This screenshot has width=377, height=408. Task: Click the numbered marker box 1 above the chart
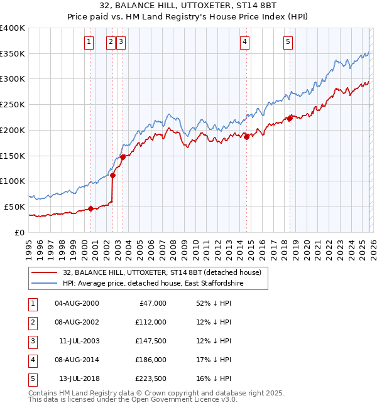(89, 42)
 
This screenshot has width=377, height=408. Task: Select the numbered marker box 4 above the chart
(244, 42)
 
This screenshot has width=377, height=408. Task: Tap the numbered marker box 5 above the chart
(288, 42)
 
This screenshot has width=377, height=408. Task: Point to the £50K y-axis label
(14, 207)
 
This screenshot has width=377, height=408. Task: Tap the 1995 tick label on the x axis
(28, 249)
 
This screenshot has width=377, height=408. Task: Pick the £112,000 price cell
(150, 322)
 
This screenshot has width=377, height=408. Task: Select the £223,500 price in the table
(150, 378)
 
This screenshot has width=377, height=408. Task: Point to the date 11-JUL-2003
(76, 341)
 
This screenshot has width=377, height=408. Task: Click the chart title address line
(188, 7)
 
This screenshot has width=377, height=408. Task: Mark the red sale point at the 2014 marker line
(246, 137)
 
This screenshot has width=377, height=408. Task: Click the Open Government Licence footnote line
(133, 400)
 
